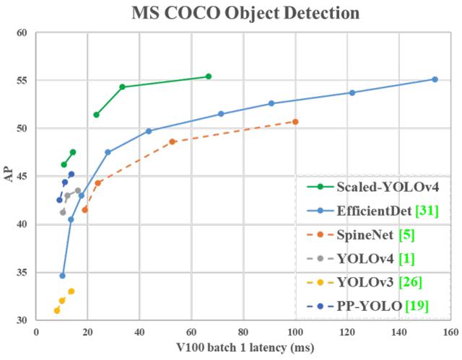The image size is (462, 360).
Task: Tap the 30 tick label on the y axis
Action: (22, 320)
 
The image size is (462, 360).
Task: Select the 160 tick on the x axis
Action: (450, 333)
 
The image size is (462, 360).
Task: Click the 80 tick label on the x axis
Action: (243, 333)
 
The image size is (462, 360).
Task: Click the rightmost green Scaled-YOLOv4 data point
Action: (209, 76)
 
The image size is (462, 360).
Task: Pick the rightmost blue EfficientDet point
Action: (435, 79)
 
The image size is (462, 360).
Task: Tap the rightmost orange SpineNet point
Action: (295, 121)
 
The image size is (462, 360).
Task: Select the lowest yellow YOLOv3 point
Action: (57, 310)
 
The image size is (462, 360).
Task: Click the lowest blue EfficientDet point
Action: (63, 276)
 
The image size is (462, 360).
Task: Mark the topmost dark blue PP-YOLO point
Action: (71, 174)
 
